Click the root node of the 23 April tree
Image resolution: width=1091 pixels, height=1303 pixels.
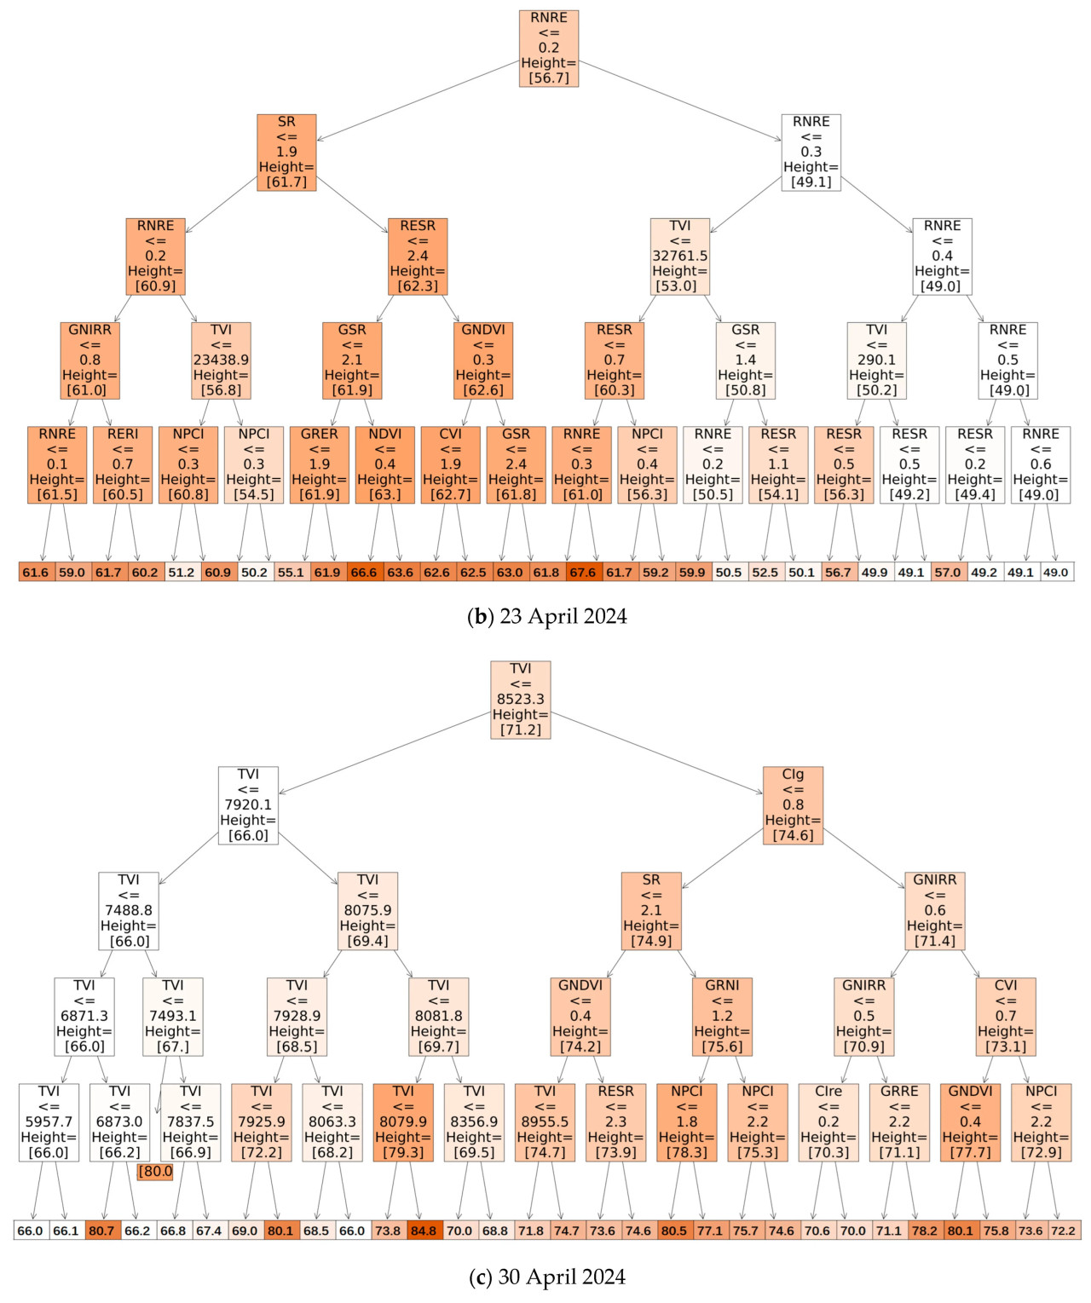click(549, 49)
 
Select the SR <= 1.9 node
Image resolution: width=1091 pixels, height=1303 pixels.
click(286, 153)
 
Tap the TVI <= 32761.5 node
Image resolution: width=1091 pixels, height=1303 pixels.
click(679, 257)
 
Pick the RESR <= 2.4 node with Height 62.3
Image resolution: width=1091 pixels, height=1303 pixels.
click(418, 257)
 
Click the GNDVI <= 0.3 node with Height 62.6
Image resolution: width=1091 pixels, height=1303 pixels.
click(483, 360)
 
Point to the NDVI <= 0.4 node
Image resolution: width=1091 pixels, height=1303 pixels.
click(385, 464)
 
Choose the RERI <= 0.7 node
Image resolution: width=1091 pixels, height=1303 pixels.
click(123, 464)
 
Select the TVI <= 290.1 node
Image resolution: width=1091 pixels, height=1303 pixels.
click(876, 360)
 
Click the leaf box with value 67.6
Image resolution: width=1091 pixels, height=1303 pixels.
click(583, 572)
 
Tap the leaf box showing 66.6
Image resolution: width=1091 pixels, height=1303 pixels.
click(364, 572)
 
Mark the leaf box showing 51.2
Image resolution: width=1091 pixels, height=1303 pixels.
click(182, 572)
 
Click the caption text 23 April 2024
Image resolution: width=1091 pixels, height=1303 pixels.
click(547, 616)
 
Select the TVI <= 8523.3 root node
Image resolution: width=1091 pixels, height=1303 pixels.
click(521, 700)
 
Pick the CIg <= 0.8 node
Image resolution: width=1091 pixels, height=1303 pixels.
click(793, 805)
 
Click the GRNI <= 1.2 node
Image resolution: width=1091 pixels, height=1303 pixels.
click(722, 1017)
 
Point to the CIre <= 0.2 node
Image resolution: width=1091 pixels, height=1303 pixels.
click(828, 1122)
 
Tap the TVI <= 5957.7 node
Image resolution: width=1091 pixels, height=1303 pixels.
click(49, 1122)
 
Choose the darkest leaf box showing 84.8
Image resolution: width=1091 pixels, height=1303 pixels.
click(424, 1231)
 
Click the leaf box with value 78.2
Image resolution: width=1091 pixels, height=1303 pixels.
click(925, 1231)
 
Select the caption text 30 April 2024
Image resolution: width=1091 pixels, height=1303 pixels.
click(547, 1277)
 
